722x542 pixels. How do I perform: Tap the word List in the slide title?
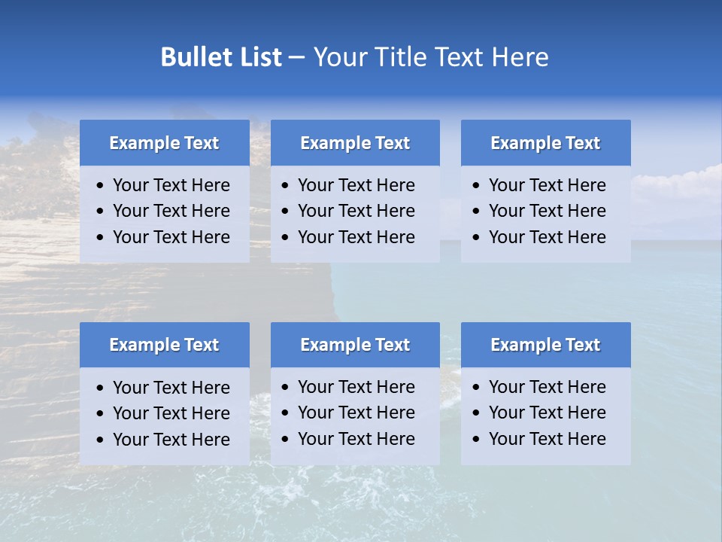pos(257,57)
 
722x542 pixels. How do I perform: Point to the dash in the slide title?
pos(297,57)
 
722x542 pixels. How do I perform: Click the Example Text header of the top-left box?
pos(164,143)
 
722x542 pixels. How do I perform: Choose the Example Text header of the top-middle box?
pos(355,143)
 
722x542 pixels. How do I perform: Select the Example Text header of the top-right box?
pos(545,143)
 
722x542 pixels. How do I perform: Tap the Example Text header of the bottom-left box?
pos(164,345)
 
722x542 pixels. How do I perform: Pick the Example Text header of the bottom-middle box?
pos(355,345)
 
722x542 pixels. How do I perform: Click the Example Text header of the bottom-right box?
pos(545,345)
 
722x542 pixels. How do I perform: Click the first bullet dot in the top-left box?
pos(100,186)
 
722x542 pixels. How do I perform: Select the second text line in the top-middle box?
pos(356,211)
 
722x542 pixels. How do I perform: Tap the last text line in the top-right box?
pos(547,237)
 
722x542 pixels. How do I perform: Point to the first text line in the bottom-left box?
pos(171,388)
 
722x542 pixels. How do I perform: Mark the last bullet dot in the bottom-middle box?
pos(285,439)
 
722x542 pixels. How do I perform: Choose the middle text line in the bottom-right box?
pos(547,413)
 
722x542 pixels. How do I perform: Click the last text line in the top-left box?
pos(171,237)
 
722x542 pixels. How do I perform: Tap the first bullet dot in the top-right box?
pos(476,186)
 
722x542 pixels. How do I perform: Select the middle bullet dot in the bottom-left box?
pos(100,414)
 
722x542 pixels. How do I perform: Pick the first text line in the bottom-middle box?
pos(356,387)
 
